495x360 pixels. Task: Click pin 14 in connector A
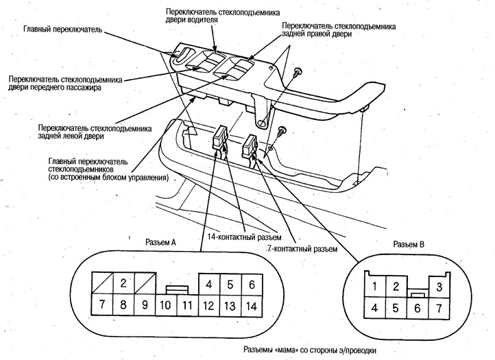point(252,306)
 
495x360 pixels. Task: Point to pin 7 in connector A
point(102,306)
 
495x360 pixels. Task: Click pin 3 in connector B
point(439,286)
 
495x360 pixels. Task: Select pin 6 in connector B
point(416,308)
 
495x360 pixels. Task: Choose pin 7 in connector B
point(439,308)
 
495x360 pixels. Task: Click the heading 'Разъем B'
point(410,244)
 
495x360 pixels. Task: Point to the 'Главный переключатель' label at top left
point(62,31)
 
